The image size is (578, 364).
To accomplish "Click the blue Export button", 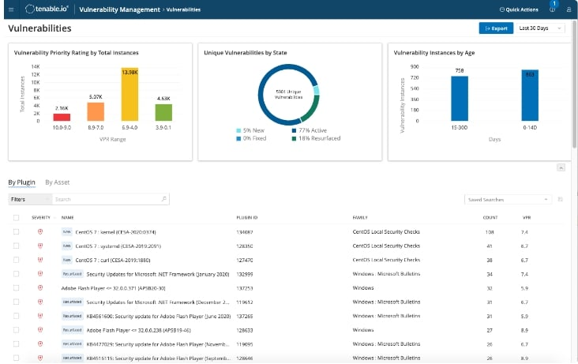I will [495, 28].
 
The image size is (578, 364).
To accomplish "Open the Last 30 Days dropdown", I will [540, 28].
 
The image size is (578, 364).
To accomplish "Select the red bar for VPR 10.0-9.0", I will [62, 117].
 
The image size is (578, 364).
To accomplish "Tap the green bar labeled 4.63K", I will [163, 112].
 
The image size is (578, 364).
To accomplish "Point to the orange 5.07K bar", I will [96, 111].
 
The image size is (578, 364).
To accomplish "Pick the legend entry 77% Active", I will [306, 131].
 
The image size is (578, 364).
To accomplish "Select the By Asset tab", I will [57, 182].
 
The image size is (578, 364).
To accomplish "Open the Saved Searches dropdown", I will [507, 200].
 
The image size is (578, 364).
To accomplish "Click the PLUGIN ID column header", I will [247, 217].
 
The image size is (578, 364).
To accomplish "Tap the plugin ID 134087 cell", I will [245, 232].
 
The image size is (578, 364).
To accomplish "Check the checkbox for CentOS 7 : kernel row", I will [16, 232].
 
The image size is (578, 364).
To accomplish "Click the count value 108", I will [489, 232].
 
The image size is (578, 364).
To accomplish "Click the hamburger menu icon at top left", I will [10, 9].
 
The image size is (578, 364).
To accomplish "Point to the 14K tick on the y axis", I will [36, 66].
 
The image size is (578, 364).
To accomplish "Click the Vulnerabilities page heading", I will [39, 28].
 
